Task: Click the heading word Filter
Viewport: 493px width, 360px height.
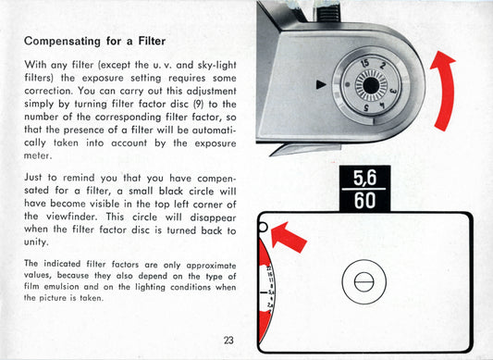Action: pos(152,42)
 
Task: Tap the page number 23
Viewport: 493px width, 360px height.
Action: pos(228,341)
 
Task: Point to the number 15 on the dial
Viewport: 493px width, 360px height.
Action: pos(364,63)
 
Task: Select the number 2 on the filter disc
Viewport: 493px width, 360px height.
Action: pos(383,66)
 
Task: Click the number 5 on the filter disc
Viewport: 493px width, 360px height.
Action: pos(366,107)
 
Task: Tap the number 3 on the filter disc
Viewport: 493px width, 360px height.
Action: pos(393,92)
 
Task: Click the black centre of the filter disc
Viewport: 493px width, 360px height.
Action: pos(371,85)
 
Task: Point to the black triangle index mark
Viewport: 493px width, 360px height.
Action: pos(321,84)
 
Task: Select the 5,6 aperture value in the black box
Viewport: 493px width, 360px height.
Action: pos(364,178)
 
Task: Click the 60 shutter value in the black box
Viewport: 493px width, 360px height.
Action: pos(364,201)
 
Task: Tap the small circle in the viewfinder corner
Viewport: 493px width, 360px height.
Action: pos(263,228)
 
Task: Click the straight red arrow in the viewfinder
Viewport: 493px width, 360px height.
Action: pos(288,237)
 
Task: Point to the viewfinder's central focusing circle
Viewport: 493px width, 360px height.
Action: pos(364,282)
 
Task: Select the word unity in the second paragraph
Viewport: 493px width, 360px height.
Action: pos(36,242)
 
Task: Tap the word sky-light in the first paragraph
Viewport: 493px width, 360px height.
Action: pos(216,65)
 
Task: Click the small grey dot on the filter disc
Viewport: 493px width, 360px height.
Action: pos(347,84)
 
